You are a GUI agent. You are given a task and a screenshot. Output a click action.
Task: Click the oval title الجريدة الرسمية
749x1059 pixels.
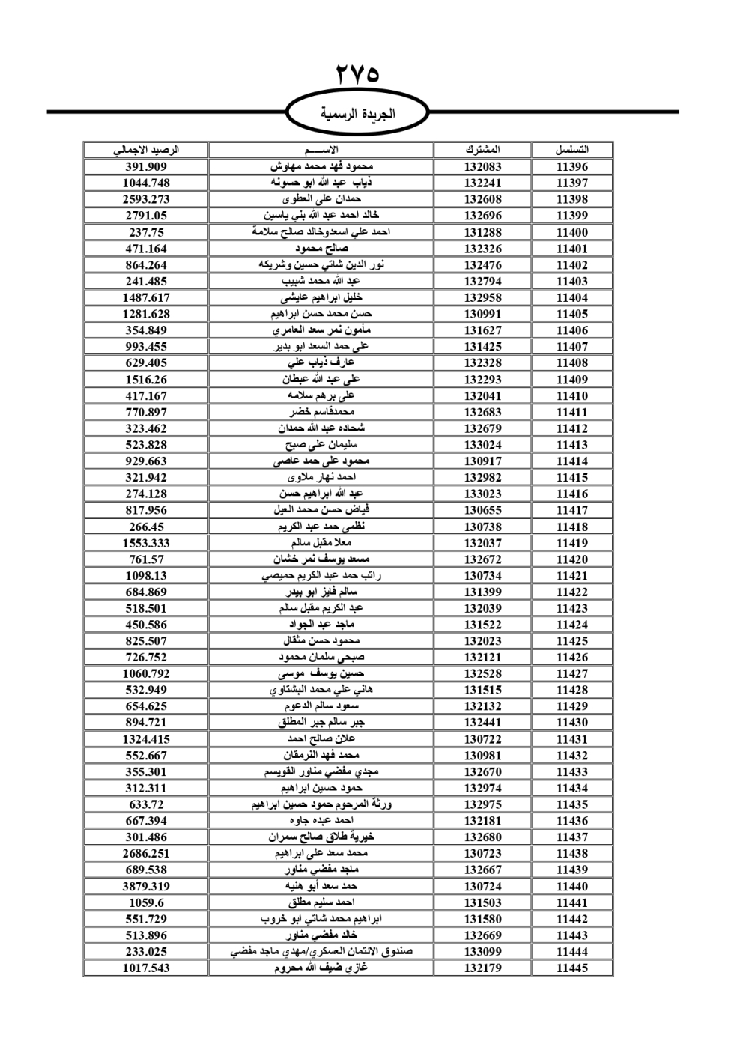(358, 114)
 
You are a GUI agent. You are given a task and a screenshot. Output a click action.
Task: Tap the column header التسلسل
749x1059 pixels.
(572, 150)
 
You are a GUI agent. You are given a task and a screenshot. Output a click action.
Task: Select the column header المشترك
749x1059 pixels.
(482, 150)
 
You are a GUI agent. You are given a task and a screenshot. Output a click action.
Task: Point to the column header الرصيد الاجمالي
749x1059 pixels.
(146, 150)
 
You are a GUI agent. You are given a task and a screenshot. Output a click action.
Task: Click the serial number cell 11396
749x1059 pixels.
(572, 167)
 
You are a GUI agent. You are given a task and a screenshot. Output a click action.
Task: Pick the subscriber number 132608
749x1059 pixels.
(482, 199)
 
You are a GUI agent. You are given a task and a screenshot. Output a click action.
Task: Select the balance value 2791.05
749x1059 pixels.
(146, 216)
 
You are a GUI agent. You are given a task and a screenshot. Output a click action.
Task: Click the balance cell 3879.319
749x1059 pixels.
(146, 886)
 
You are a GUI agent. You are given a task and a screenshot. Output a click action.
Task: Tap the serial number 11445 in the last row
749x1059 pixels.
(572, 968)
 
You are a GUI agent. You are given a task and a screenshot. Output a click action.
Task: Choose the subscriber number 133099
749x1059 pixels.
(482, 951)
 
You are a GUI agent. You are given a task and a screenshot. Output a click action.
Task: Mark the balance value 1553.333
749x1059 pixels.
(146, 543)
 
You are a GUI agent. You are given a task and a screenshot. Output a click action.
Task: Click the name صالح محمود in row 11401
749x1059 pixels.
(321, 249)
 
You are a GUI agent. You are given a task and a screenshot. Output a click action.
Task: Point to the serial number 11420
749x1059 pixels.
(572, 559)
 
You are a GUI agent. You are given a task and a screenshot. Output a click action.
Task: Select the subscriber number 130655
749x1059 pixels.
(482, 510)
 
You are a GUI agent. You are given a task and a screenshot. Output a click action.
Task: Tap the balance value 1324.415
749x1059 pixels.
(146, 739)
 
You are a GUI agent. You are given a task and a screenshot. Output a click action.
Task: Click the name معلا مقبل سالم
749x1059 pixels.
(321, 543)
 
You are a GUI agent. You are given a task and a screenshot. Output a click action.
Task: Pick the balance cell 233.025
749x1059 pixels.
(146, 951)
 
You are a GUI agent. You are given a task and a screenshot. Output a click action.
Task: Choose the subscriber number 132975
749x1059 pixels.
(482, 804)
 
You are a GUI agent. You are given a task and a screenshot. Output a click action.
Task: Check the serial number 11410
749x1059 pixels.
(572, 395)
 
